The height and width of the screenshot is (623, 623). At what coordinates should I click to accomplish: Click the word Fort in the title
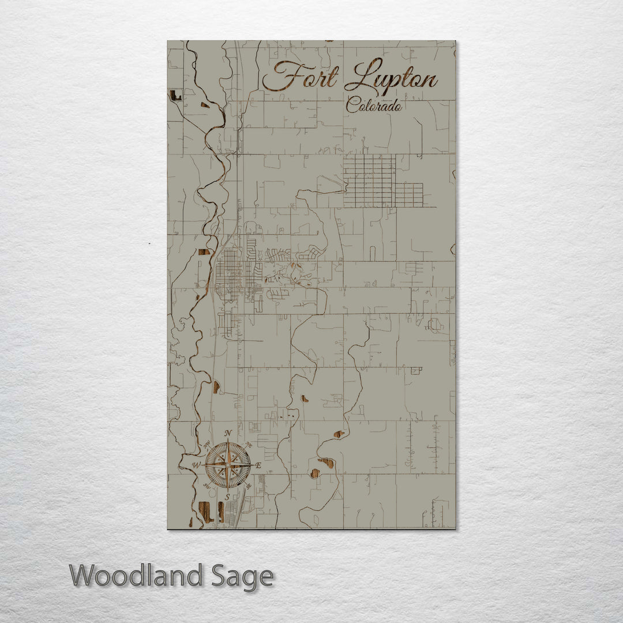(x=300, y=77)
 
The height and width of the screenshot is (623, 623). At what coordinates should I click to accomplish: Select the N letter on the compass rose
(x=228, y=434)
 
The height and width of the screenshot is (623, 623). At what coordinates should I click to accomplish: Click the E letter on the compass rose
(x=258, y=465)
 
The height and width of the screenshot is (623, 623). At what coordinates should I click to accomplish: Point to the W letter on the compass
(x=196, y=465)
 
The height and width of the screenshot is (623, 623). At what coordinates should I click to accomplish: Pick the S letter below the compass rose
(x=228, y=497)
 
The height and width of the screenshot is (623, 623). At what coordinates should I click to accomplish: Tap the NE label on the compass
(x=249, y=444)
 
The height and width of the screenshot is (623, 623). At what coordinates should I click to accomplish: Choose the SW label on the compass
(x=207, y=486)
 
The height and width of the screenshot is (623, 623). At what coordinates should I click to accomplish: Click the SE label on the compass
(x=249, y=486)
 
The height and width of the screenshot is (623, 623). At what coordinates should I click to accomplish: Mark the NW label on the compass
(x=207, y=444)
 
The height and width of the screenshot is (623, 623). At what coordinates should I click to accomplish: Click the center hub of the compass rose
(x=228, y=464)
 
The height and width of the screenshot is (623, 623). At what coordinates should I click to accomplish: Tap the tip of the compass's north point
(x=228, y=441)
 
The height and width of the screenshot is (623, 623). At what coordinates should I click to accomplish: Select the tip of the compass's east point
(x=252, y=464)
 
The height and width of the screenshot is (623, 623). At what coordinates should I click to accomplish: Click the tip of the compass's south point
(x=228, y=489)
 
